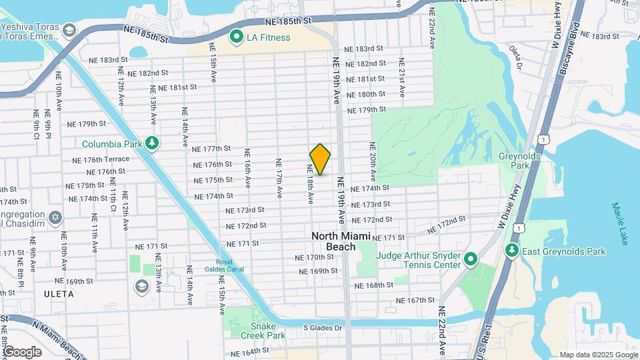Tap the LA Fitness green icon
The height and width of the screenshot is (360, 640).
[236, 37]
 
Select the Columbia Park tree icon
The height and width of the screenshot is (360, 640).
[153, 144]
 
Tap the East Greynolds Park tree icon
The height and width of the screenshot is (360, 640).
[512, 251]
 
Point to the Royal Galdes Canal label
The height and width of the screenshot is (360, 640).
[229, 265]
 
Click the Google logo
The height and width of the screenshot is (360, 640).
[23, 351]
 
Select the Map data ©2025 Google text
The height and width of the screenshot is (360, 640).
[598, 355]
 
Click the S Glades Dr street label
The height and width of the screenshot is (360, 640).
[323, 327]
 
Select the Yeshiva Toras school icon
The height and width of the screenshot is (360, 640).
[69, 31]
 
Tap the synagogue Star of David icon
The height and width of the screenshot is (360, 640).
[55, 218]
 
